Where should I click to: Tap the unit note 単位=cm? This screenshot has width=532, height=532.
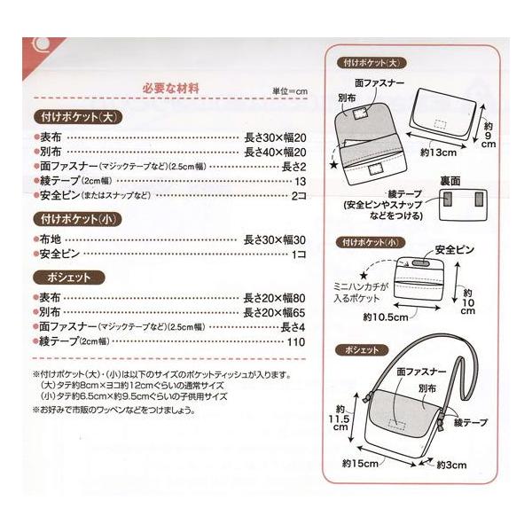point(288,91)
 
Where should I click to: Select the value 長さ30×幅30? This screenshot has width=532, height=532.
point(275,239)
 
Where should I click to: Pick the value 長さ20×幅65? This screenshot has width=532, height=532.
point(275,312)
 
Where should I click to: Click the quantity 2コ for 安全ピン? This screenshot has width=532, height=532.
point(298,195)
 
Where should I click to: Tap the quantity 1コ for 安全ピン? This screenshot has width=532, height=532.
point(300,254)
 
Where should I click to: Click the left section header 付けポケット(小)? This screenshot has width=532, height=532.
point(74,218)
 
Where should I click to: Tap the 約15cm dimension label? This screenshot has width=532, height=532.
point(359,462)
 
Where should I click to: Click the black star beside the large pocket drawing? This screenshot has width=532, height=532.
point(333,164)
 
